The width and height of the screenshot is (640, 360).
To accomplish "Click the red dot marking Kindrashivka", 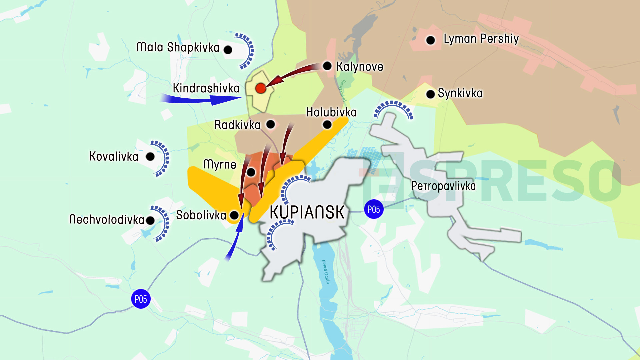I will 261,88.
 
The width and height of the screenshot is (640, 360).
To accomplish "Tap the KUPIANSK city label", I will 307,212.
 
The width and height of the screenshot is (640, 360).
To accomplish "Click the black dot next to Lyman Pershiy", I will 430,40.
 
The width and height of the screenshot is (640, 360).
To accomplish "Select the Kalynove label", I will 360,67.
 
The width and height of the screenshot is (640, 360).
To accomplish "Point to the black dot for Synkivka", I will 430,94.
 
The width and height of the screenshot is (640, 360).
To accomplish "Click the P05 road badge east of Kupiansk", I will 374,210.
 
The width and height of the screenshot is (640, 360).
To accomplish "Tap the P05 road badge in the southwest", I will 141,299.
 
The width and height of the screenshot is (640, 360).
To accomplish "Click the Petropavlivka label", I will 443,186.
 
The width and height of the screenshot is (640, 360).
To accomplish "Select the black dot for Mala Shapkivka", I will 228,50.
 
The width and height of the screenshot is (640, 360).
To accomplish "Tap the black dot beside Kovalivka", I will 150,157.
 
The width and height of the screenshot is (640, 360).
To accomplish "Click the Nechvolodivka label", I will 107,220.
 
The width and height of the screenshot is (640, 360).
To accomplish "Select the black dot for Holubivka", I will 327,125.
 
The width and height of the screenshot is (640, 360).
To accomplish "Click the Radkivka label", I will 237,125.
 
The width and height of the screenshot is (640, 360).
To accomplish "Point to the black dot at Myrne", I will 251,172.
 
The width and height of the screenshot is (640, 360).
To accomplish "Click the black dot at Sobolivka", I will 234,215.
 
